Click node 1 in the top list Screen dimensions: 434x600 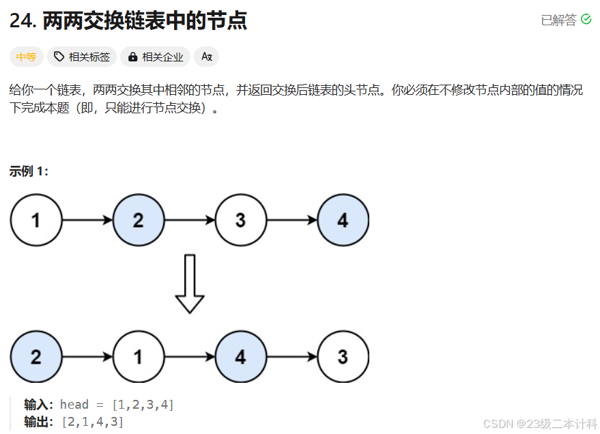tap(36, 220)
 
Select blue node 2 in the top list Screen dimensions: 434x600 tap(139, 220)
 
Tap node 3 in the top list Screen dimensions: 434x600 tap(240, 220)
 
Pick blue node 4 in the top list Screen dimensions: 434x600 tap(343, 220)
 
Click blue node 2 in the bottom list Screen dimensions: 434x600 tap(36, 357)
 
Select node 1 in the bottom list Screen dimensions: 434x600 tap(139, 357)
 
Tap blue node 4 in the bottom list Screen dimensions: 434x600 tap(240, 357)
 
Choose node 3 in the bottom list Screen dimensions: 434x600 tap(343, 357)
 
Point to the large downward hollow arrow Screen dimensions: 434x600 tap(190, 283)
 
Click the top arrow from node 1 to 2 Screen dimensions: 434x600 tap(87, 220)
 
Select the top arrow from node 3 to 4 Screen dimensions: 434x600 tap(291, 220)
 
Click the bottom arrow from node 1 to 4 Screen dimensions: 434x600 tap(190, 357)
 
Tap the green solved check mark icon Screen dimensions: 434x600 tap(586, 20)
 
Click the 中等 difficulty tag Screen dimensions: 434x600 tap(26, 57)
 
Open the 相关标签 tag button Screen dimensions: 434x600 tap(82, 57)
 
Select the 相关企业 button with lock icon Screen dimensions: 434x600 tap(156, 57)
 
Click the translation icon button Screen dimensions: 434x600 tap(206, 57)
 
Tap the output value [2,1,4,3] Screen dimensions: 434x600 tap(93, 422)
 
